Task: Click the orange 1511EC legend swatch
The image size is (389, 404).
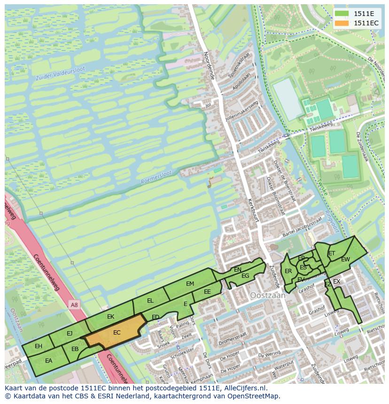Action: coord(342,23)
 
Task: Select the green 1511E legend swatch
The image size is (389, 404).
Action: coord(342,14)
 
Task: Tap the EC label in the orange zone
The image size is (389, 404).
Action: coord(117,333)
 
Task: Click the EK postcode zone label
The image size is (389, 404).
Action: coord(110,317)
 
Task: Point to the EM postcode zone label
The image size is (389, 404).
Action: coord(190,284)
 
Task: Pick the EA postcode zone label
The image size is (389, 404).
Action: coord(48,361)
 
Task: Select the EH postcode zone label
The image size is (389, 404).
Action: coord(39,346)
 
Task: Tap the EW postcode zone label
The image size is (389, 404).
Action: coord(345,259)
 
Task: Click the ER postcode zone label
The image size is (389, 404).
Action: coord(288,271)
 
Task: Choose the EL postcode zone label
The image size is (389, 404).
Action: coord(150,301)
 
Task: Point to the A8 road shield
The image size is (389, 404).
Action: coord(74,305)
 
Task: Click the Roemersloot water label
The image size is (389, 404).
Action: coord(156,177)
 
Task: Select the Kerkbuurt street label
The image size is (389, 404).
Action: coord(253,211)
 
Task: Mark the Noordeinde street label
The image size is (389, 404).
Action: coord(209,65)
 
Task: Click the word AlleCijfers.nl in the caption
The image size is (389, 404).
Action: coord(244,388)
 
